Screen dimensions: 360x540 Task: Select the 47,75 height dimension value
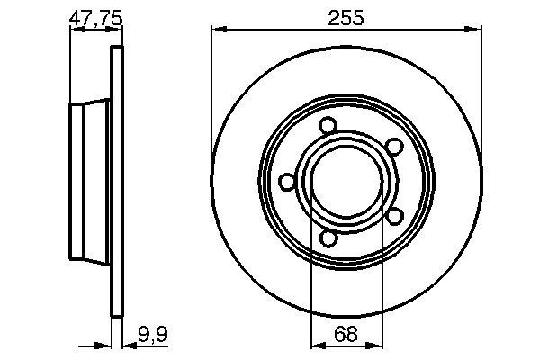(95, 16)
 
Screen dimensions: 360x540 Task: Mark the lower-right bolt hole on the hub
(393, 216)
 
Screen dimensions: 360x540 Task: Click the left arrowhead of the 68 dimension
(315, 343)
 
